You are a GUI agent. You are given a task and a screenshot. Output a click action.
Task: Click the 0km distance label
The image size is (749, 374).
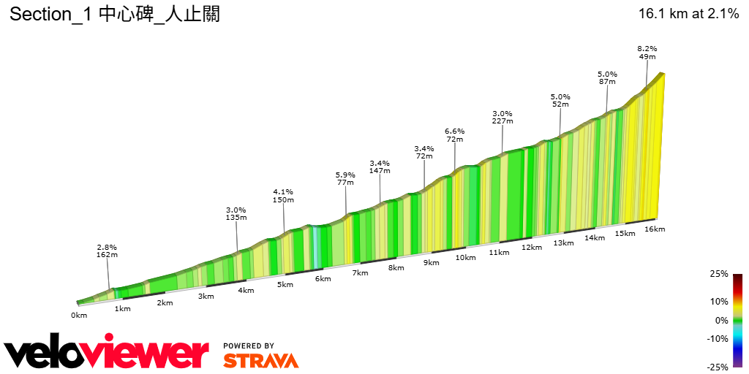79,315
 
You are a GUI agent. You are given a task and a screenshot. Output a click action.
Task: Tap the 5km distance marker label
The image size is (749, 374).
285,284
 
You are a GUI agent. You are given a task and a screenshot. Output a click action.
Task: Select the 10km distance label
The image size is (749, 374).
466,257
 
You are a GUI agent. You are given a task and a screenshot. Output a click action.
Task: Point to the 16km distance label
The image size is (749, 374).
655,229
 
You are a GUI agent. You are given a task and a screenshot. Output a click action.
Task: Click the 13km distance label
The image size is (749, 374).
562,243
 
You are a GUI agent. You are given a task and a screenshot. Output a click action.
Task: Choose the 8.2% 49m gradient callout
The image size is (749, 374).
647,53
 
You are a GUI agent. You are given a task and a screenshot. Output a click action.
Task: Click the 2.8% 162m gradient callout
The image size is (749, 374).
107,251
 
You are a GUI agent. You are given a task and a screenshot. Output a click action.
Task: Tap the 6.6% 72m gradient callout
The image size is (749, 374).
455,135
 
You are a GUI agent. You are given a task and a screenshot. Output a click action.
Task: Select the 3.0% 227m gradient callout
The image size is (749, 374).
503,118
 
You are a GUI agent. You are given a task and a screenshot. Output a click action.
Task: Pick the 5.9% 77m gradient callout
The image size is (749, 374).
345,179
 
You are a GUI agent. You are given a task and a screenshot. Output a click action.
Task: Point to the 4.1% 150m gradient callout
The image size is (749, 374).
283,196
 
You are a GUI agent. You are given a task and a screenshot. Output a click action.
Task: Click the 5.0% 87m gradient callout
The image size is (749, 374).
607,78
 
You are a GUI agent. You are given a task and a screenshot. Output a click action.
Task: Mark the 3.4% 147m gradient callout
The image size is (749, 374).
380,167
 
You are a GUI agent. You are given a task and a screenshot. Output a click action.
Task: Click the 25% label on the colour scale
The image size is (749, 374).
719,274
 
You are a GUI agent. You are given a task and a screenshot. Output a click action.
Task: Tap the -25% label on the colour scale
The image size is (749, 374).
718,367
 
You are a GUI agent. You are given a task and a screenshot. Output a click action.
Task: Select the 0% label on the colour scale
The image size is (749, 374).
721,320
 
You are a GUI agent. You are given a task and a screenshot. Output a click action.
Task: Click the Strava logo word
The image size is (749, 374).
260,360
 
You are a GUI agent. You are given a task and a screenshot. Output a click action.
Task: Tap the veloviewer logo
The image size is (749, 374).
107,354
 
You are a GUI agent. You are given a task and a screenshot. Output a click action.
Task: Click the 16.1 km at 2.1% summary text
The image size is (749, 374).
688,14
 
